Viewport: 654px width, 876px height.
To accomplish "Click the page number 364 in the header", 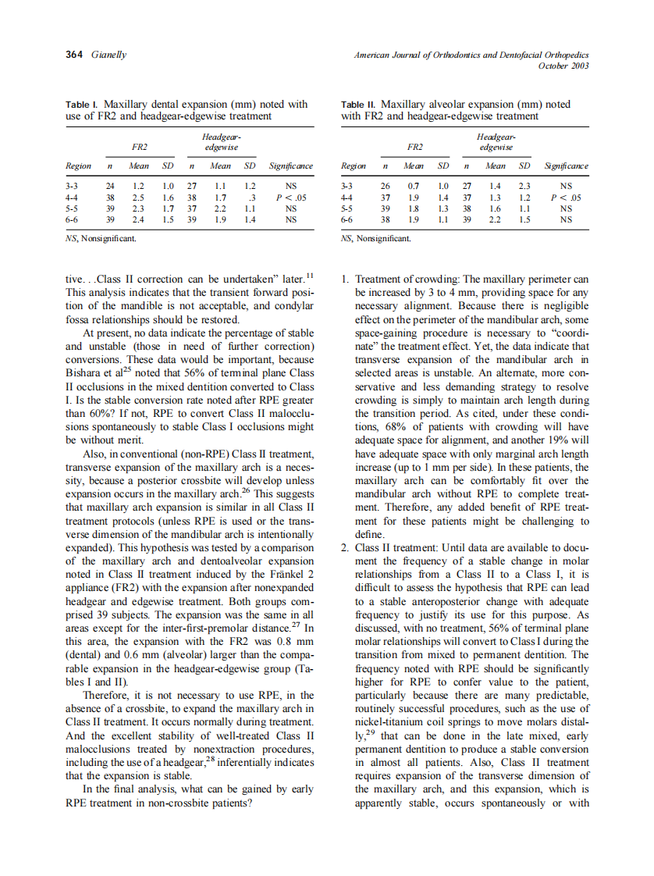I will tap(76, 55).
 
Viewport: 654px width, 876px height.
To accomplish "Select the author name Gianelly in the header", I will tap(109, 55).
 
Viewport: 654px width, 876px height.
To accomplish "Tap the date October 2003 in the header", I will tap(563, 66).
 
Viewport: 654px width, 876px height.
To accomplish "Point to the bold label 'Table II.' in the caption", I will tap(360, 104).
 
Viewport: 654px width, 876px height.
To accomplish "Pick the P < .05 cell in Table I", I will tap(291, 198).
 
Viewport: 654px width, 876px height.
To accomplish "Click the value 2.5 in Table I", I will tap(139, 198).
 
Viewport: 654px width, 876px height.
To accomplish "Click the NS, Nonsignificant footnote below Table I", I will tap(101, 238).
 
